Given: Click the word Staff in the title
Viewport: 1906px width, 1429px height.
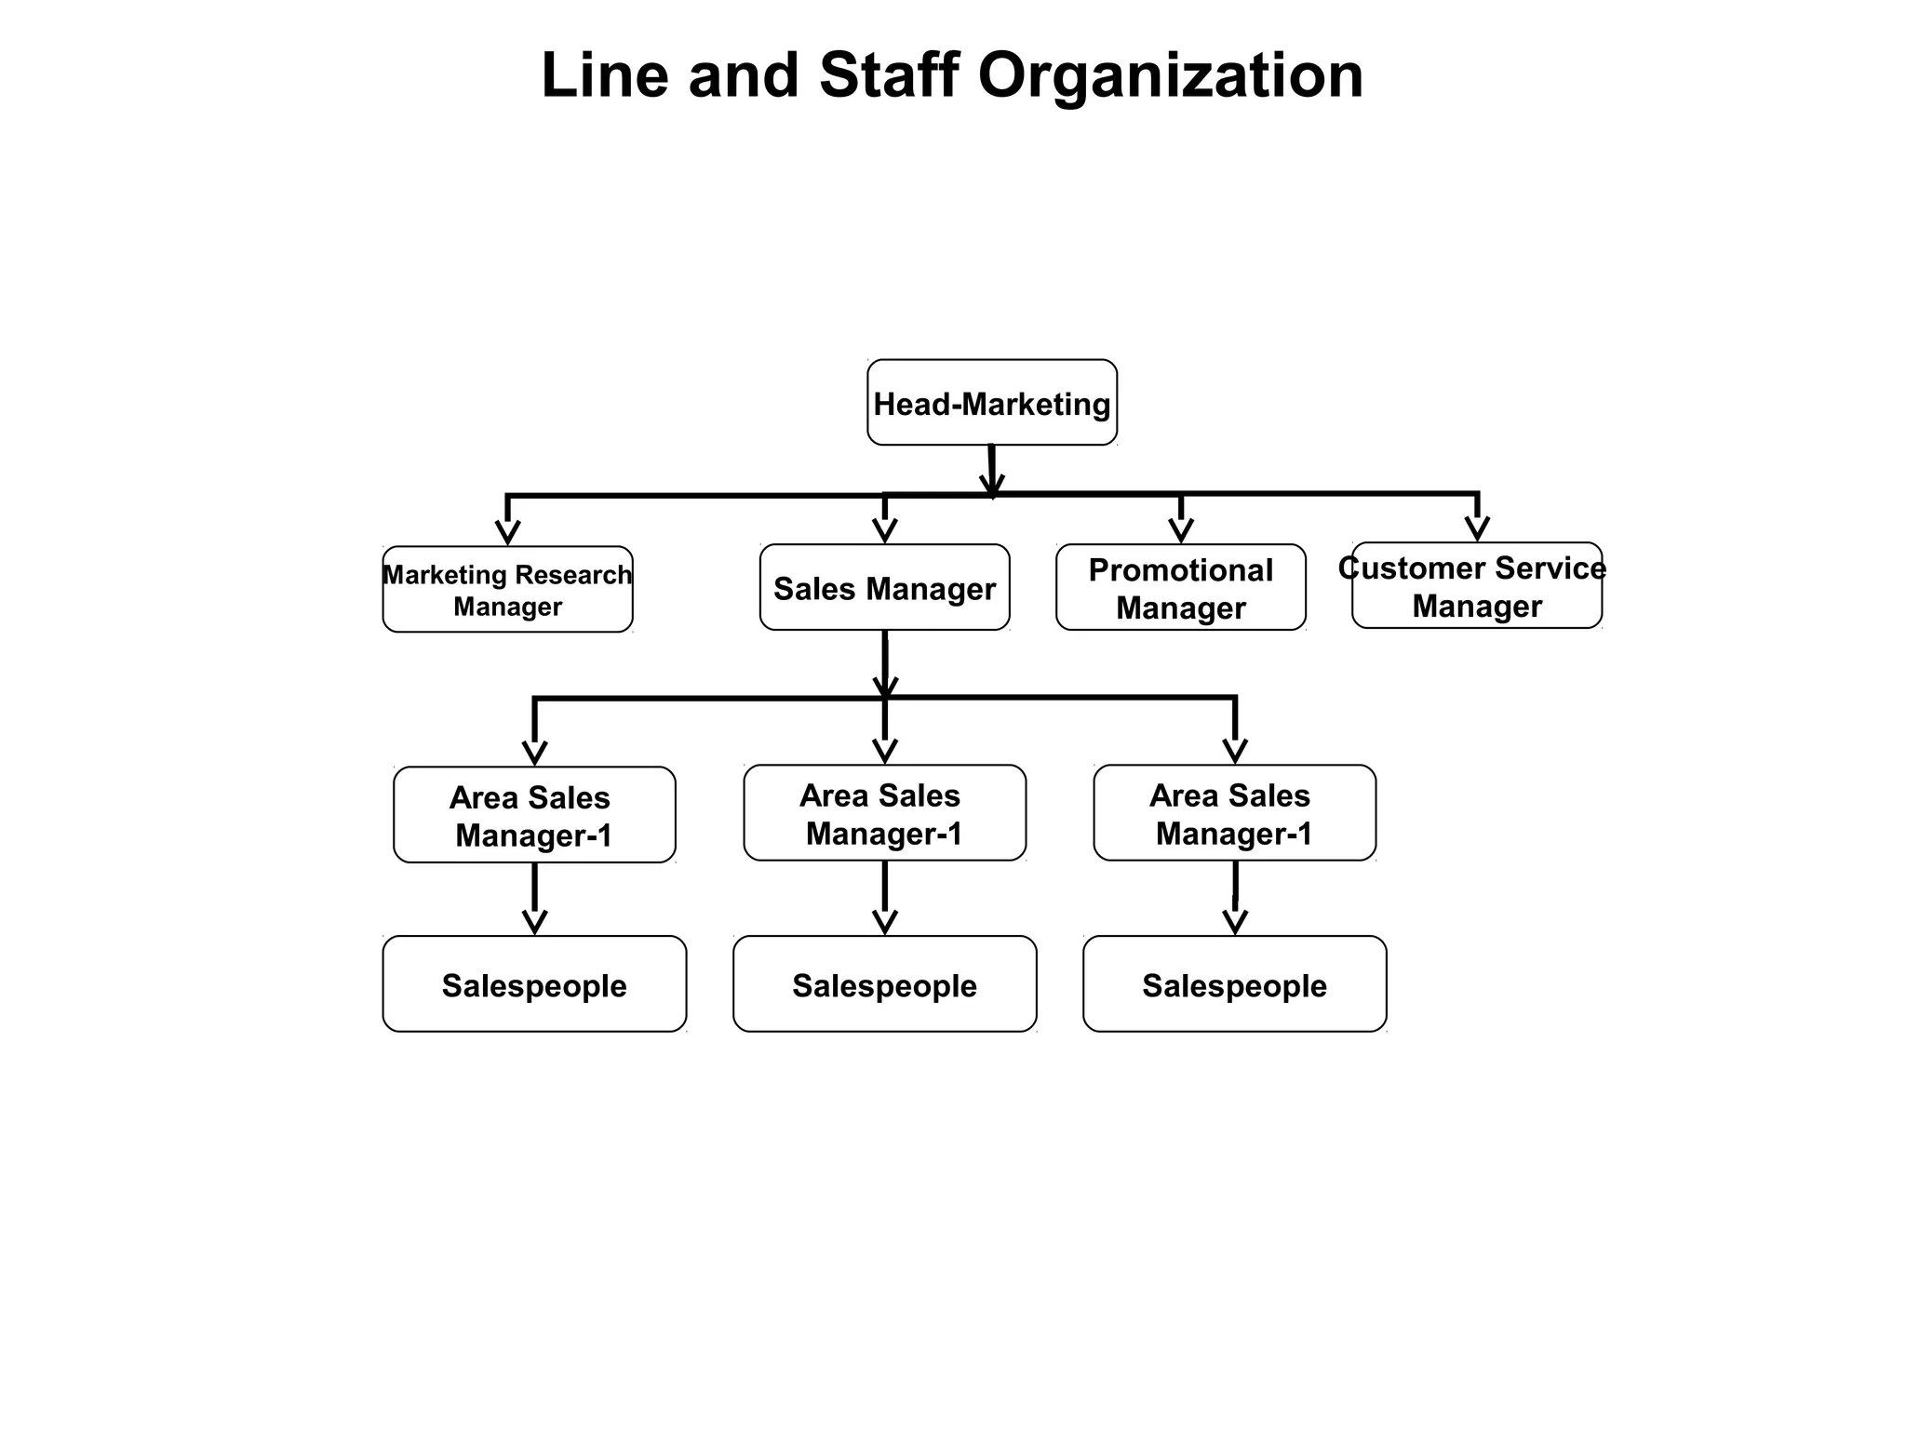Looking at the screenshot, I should (x=888, y=75).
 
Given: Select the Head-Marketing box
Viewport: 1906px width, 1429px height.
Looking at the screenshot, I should (x=992, y=403).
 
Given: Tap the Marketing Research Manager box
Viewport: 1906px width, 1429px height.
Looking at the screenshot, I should (x=507, y=590).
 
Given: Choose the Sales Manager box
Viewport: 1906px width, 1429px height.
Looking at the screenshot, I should (x=884, y=588).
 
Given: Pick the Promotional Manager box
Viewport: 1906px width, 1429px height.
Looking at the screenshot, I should (x=1180, y=588).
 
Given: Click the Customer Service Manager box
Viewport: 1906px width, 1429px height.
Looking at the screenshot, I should (x=1476, y=586).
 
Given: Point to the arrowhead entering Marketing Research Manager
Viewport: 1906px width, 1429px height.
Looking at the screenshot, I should (x=507, y=532).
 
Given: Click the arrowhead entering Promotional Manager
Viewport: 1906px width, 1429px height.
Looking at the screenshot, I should (x=1181, y=530).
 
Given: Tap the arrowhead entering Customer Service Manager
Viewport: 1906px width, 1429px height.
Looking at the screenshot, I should (x=1477, y=528).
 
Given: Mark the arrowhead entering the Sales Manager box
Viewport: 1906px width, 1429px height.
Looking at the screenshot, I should (x=885, y=530).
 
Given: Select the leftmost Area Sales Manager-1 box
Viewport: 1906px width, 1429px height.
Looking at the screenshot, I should (x=534, y=816).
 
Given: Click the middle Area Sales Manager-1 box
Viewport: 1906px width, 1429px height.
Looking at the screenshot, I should (x=884, y=813).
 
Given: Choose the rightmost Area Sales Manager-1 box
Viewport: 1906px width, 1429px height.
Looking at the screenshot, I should (x=1234, y=813).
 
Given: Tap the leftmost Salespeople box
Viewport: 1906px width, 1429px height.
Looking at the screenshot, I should (x=534, y=984).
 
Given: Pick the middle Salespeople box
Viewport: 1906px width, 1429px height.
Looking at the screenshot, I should (x=884, y=984).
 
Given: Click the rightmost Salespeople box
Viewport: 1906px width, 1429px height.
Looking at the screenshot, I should (x=1234, y=984).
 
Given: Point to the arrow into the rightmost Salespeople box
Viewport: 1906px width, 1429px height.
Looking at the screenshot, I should (x=1235, y=921).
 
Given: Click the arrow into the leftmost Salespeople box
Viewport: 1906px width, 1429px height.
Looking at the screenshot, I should (x=535, y=921).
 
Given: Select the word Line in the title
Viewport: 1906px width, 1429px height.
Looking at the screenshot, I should (x=604, y=75).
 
